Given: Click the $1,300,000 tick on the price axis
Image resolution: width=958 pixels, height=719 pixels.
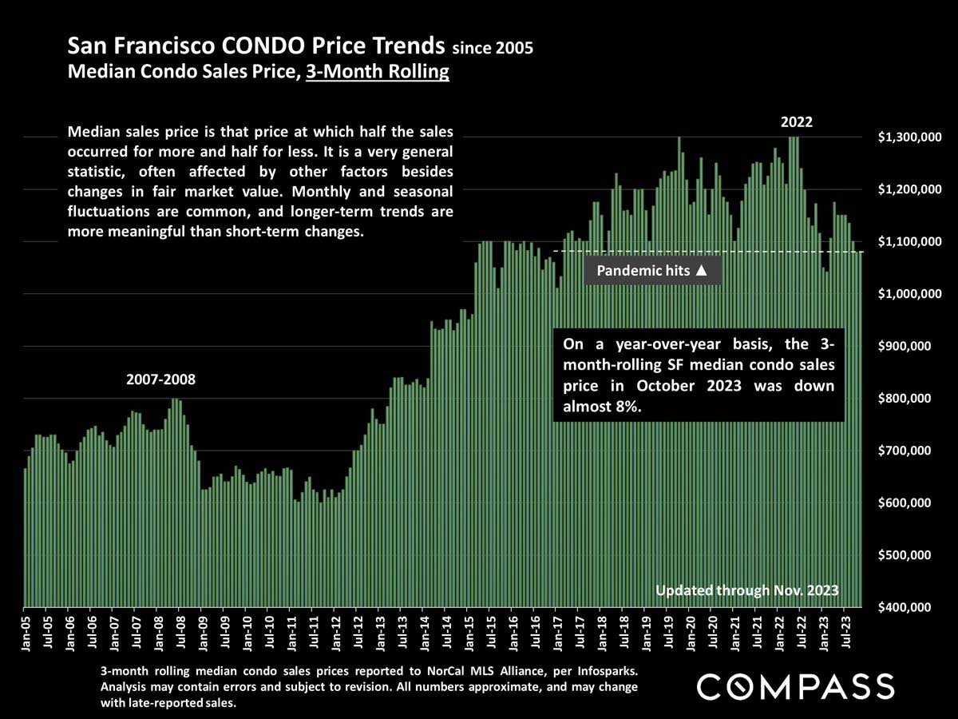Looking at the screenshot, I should (905, 138).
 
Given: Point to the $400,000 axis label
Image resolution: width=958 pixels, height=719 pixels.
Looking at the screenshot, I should (905, 607).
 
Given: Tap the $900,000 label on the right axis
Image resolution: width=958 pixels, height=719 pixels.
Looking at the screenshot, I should (905, 347).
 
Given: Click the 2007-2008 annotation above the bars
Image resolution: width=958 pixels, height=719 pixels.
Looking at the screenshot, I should (160, 379).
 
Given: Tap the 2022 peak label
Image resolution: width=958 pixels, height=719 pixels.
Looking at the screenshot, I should (796, 122).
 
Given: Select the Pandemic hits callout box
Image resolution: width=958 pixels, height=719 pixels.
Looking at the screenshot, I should (652, 270).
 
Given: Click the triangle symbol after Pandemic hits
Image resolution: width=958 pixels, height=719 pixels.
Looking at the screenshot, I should (701, 270).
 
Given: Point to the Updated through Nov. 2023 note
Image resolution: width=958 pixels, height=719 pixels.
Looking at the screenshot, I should (746, 590).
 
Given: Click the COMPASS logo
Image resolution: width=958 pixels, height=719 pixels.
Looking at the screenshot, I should (795, 686).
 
